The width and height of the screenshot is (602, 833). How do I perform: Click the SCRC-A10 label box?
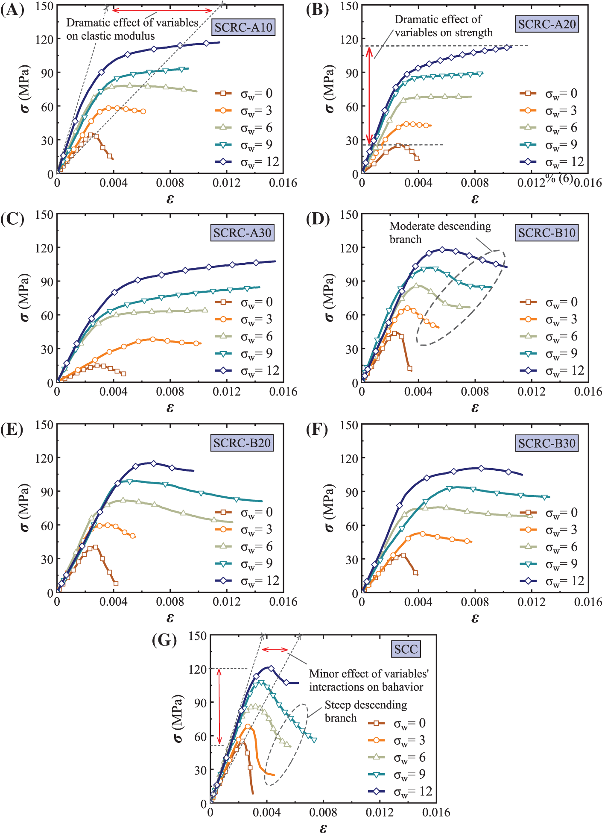[x=243, y=27]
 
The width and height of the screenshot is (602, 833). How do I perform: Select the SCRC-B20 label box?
[x=242, y=443]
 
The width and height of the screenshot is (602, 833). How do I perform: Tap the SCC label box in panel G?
[x=406, y=649]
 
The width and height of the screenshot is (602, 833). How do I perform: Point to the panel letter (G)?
[x=164, y=640]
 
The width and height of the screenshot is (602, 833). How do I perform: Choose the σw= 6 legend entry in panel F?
[x=549, y=547]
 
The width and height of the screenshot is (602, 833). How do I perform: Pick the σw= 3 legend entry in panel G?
[x=397, y=740]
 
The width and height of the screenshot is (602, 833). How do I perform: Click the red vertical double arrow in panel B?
[x=369, y=95]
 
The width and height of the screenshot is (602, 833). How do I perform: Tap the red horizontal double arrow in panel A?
[x=162, y=10]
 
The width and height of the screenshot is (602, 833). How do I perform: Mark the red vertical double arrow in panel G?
[x=219, y=706]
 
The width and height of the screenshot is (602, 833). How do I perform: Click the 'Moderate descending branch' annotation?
[x=440, y=232]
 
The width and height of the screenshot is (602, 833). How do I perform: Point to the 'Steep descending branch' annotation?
[x=365, y=711]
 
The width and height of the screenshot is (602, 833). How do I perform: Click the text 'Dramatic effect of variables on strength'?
[x=443, y=26]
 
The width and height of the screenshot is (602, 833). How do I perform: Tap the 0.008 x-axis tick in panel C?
[x=170, y=392]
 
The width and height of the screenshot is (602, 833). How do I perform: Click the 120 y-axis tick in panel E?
[x=44, y=458]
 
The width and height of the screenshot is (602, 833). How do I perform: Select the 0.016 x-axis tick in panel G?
[x=436, y=812]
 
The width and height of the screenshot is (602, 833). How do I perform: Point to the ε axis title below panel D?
[x=475, y=408]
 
